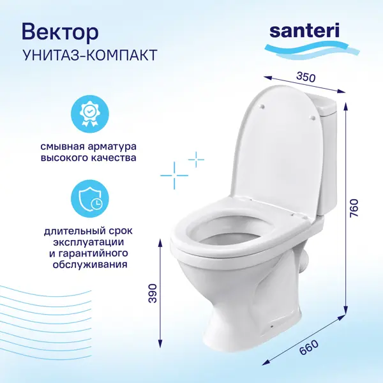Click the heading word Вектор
[x=60, y=33]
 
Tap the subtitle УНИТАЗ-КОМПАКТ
[x=89, y=55]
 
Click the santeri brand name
[x=304, y=31]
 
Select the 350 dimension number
[x=306, y=77]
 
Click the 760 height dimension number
[x=354, y=208]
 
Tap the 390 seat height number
[x=153, y=294]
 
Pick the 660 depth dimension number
[x=308, y=348]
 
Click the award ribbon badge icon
[x=89, y=114]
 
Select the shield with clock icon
[x=89, y=199]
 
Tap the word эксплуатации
[x=89, y=243]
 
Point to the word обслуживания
[x=90, y=264]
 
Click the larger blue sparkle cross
[x=174, y=176]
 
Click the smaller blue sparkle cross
[x=196, y=160]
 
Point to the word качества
[x=114, y=158]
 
